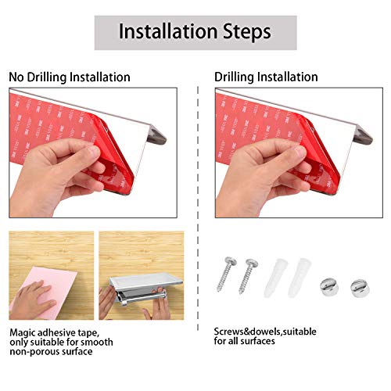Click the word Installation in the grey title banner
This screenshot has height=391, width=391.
point(168,31)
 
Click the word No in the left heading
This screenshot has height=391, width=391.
point(16,77)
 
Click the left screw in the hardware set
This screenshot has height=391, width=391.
point(226,274)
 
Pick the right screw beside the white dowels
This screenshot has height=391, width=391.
point(248,276)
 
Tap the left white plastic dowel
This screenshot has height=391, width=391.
point(275,277)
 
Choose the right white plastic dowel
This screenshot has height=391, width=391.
point(300,278)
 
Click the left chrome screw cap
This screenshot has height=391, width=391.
point(329,287)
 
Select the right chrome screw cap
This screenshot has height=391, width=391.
point(360,288)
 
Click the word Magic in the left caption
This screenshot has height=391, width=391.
point(22,333)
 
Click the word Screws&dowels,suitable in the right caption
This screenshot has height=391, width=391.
point(265,332)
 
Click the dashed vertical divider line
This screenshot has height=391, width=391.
point(198,209)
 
